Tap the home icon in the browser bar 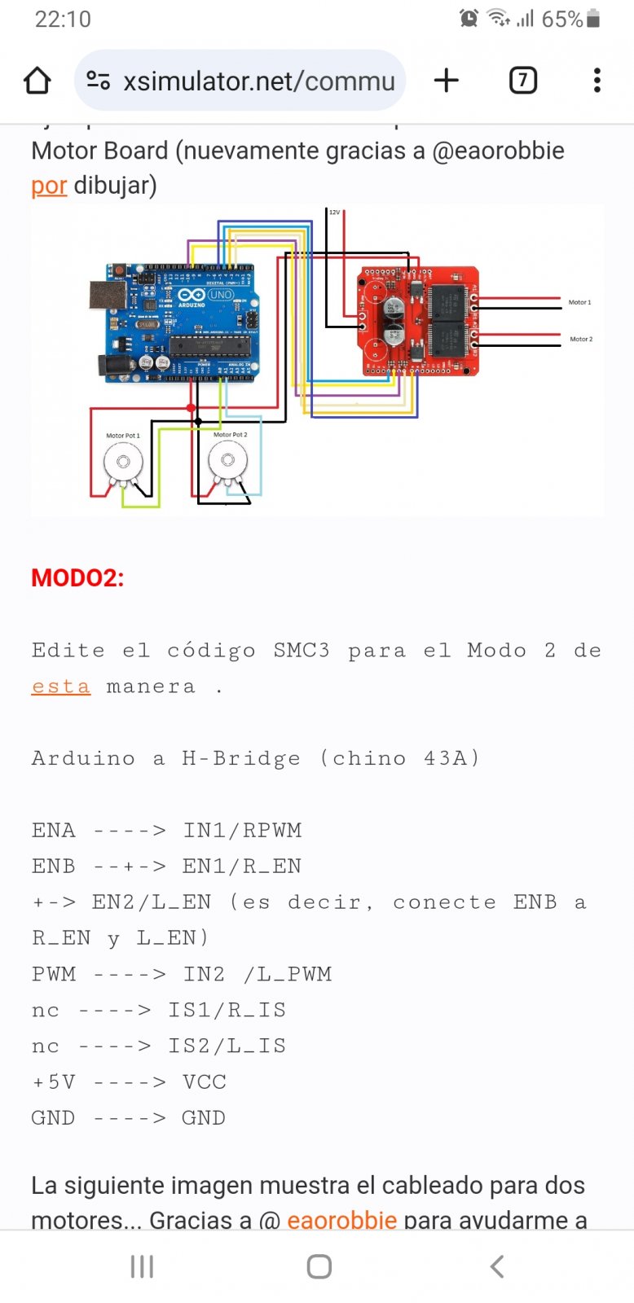(37, 81)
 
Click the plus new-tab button (446, 80)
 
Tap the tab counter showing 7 (522, 80)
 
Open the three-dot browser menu (597, 80)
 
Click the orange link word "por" (48, 186)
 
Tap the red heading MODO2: (77, 578)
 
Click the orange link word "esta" (60, 687)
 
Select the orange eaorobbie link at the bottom (341, 1219)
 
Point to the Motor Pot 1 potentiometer (123, 463)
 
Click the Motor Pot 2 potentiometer (227, 462)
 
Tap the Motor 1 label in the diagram (579, 302)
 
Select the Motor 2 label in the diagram (581, 339)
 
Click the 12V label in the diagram (334, 213)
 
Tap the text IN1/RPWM (242, 831)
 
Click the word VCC (204, 1082)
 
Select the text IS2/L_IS (227, 1046)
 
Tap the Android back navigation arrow (497, 1266)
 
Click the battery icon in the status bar (593, 19)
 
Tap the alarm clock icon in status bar (469, 19)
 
